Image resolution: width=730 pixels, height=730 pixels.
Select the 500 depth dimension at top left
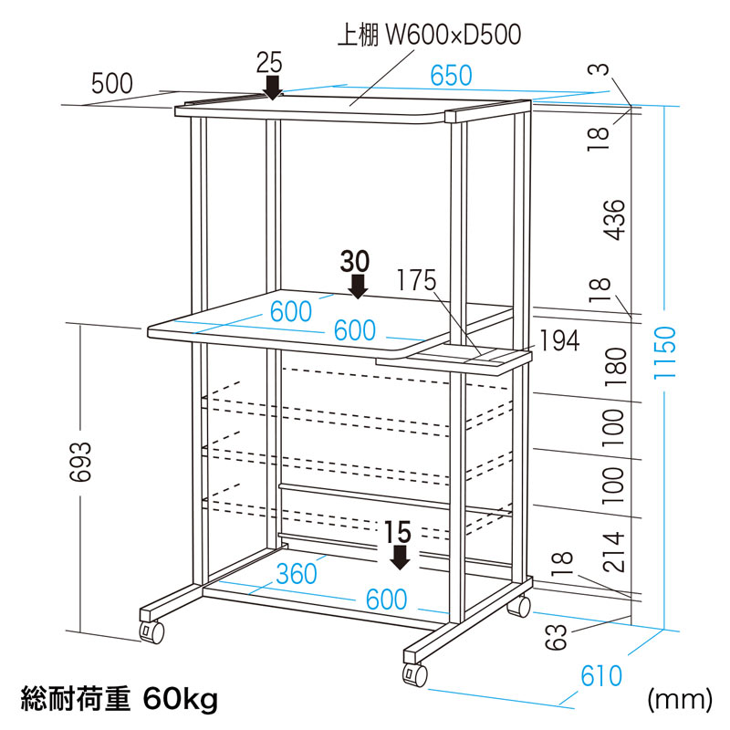[112, 84]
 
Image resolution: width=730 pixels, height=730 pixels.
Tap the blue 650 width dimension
[451, 76]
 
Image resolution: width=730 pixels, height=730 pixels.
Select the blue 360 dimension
[297, 574]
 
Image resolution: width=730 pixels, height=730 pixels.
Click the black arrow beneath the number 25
[272, 88]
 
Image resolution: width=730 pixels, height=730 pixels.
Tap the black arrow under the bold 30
[357, 287]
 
